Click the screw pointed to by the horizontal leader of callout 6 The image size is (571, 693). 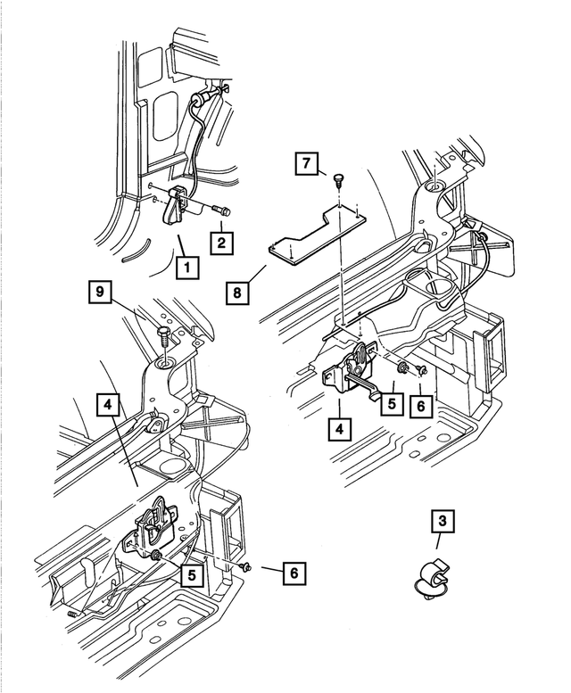[247, 566]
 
